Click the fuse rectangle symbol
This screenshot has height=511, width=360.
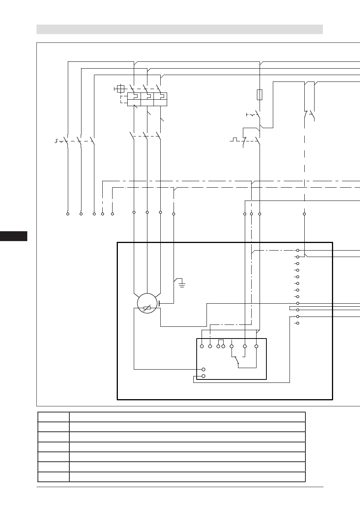(x=260, y=94)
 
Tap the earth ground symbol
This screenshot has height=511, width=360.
(x=182, y=284)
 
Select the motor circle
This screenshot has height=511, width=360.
(x=147, y=303)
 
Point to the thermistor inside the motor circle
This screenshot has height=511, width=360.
(x=147, y=308)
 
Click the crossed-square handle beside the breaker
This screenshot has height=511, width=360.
(x=121, y=89)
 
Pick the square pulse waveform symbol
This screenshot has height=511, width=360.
(x=235, y=140)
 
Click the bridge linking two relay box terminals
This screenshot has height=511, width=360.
(x=221, y=341)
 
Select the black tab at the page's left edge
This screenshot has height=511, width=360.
(x=14, y=236)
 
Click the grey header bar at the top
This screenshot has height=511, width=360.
(x=180, y=29)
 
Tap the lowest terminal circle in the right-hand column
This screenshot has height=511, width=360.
(x=298, y=323)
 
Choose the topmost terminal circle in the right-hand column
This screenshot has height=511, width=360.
(x=298, y=250)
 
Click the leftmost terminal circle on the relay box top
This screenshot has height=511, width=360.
(x=202, y=346)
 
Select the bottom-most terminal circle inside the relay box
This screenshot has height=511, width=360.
(x=203, y=376)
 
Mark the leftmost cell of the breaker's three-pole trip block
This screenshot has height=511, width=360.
(x=134, y=99)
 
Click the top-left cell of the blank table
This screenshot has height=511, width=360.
(x=53, y=417)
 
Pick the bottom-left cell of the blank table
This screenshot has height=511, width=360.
(x=53, y=477)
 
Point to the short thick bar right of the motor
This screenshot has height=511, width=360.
(x=159, y=303)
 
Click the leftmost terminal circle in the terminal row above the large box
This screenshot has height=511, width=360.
(x=68, y=214)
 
